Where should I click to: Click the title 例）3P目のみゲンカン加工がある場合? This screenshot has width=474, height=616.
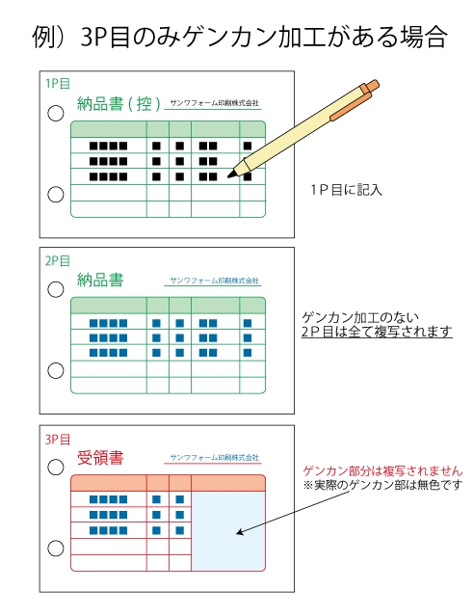[x=240, y=38]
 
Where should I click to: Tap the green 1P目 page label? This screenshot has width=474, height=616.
[x=58, y=83]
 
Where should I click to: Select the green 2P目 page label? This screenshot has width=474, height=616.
[x=58, y=260]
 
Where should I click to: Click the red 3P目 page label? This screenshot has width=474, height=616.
[x=58, y=439]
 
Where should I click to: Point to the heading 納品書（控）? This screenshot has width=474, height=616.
[x=119, y=104]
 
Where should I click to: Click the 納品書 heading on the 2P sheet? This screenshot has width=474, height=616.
[x=100, y=281]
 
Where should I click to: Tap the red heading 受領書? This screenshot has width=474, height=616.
[x=100, y=458]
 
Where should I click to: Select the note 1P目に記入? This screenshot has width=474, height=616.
[x=347, y=190]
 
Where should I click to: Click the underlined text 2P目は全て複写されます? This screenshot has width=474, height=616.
[x=377, y=332]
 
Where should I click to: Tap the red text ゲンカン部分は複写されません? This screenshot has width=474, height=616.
[x=382, y=470]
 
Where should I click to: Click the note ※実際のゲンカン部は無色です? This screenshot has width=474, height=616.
[x=382, y=485]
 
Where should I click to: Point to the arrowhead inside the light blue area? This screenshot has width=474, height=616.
[x=240, y=532]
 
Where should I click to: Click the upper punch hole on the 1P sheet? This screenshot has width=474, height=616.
[x=56, y=113]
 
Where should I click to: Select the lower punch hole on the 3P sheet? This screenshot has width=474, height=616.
[x=56, y=549]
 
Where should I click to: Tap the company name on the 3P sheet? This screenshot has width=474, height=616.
[x=215, y=457]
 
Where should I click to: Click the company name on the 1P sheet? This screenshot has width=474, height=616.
[x=215, y=103]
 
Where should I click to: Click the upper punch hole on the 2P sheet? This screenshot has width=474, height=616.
[x=56, y=289]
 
